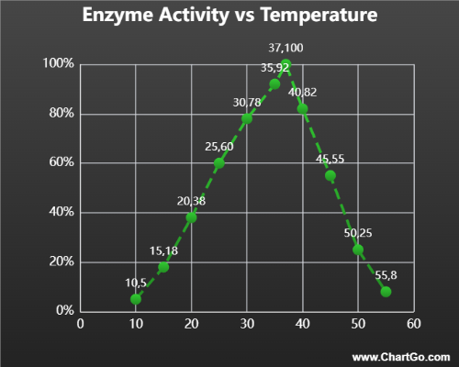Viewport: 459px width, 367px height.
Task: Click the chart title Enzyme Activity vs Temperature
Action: point(229,17)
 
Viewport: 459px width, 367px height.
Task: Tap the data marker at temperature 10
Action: point(136,298)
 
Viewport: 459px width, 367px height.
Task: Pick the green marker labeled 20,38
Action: point(192,217)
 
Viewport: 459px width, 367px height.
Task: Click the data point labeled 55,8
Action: point(386,291)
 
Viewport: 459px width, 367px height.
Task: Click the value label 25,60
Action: point(220,147)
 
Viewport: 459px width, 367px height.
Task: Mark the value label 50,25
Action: point(357,233)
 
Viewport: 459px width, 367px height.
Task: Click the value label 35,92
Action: point(274,67)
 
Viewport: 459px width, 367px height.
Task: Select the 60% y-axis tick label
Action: point(61,163)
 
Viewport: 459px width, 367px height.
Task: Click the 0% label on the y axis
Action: point(64,311)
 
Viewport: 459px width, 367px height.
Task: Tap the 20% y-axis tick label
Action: point(61,261)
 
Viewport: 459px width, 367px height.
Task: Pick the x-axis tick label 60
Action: point(414,323)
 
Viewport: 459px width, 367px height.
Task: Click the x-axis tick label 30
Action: point(247,323)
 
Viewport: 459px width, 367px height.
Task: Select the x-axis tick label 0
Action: point(81,323)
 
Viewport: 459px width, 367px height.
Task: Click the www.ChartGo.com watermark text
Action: point(401,356)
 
